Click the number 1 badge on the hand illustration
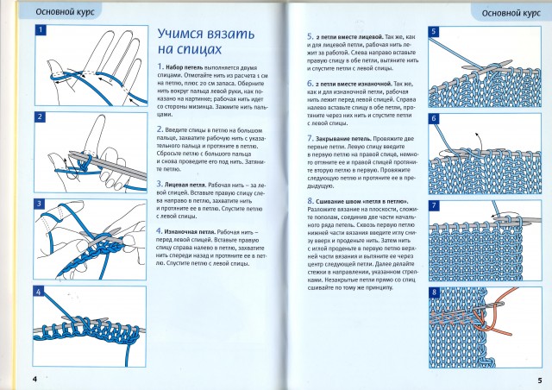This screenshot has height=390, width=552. (41, 31)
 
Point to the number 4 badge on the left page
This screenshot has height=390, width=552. (41, 292)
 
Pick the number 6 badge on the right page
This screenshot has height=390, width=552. (434, 118)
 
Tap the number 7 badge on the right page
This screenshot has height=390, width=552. (434, 204)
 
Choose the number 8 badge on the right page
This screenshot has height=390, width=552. (434, 291)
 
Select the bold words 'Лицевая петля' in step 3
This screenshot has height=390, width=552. (189, 184)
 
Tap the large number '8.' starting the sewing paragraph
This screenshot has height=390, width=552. (310, 200)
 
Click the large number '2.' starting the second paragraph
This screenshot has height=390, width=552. (160, 127)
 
